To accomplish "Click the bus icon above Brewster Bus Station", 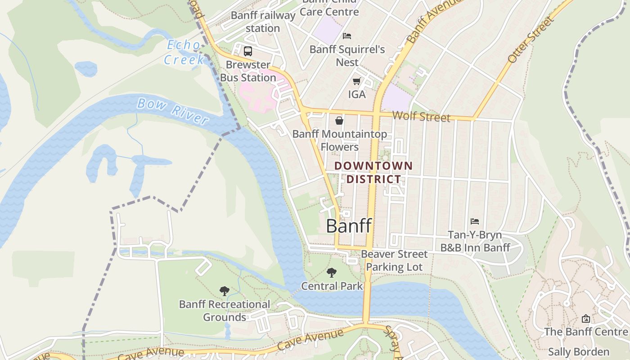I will [x=248, y=51].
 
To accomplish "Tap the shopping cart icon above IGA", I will [x=357, y=81].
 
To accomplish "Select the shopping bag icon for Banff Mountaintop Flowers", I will [x=339, y=121].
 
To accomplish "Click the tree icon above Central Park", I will [x=332, y=273].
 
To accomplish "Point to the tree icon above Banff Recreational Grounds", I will [x=224, y=291].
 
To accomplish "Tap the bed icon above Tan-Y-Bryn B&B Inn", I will [x=475, y=221].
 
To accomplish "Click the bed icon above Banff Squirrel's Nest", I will [x=347, y=36].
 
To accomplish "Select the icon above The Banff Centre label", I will [x=585, y=319].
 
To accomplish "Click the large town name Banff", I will [x=349, y=226].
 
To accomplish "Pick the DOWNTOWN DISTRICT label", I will [x=373, y=172].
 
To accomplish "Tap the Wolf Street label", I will [x=421, y=117].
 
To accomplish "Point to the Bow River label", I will [x=173, y=111].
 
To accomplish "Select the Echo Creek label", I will [x=184, y=52].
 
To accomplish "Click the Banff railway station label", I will [x=263, y=22].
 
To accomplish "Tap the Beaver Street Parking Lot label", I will [x=394, y=261].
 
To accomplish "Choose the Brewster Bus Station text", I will [x=248, y=71].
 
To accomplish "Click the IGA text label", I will [x=357, y=94].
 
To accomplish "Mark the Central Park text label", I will [x=332, y=286].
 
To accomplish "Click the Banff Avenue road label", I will [x=427, y=22].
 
